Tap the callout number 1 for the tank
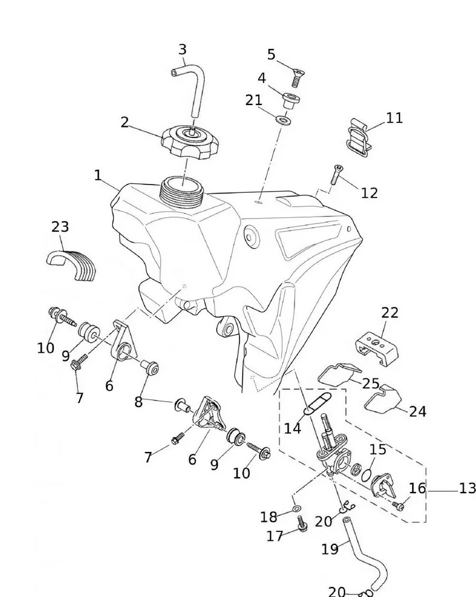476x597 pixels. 98,176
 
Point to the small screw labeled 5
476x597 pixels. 297,77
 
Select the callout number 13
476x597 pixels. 467,489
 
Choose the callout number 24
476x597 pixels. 417,411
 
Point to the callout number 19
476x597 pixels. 330,549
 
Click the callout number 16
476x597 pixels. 417,488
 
